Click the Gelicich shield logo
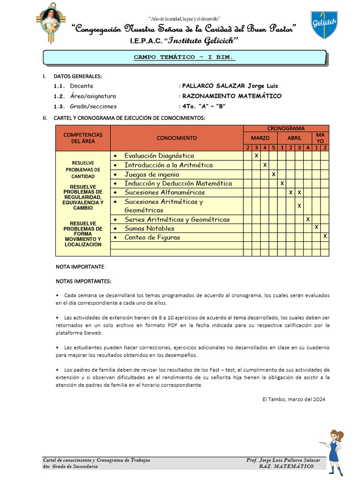point(324,25)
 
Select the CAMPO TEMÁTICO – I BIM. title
point(184,57)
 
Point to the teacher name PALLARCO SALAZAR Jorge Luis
point(230,86)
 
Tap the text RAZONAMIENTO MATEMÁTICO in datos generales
point(232,96)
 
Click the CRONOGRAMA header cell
point(286,128)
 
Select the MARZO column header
point(260,138)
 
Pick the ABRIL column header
point(294,138)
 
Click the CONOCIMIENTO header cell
point(177,138)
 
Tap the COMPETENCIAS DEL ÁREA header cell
point(83,138)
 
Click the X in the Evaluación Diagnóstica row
point(256,156)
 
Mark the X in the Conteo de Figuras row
point(325,237)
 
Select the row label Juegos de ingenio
point(149,174)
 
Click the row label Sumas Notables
point(149,228)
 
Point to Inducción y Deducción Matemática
point(178,183)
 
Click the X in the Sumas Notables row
point(316,228)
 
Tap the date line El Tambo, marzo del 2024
point(293,399)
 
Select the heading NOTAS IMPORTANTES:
point(83,281)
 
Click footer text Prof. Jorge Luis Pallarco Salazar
point(283,460)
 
